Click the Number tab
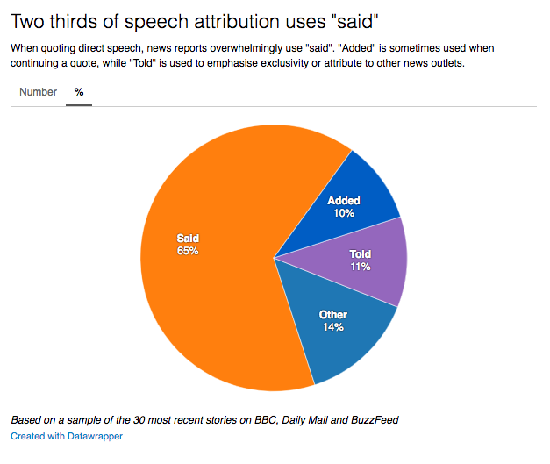pos(38,92)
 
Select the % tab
pos(79,92)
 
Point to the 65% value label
pos(188,251)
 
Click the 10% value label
pos(344,213)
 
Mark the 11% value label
pos(360,267)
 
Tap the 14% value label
pos(332,327)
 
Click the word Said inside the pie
pos(188,238)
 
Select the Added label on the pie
pos(344,201)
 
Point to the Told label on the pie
pos(360,254)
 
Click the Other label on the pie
pos(332,315)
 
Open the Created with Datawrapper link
pos(67,436)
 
